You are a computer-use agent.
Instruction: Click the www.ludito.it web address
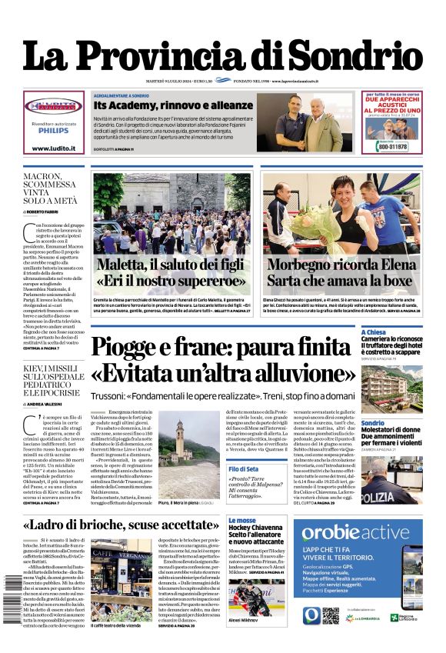[x=53, y=148]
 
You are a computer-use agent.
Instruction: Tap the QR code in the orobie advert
[x=331, y=615]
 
